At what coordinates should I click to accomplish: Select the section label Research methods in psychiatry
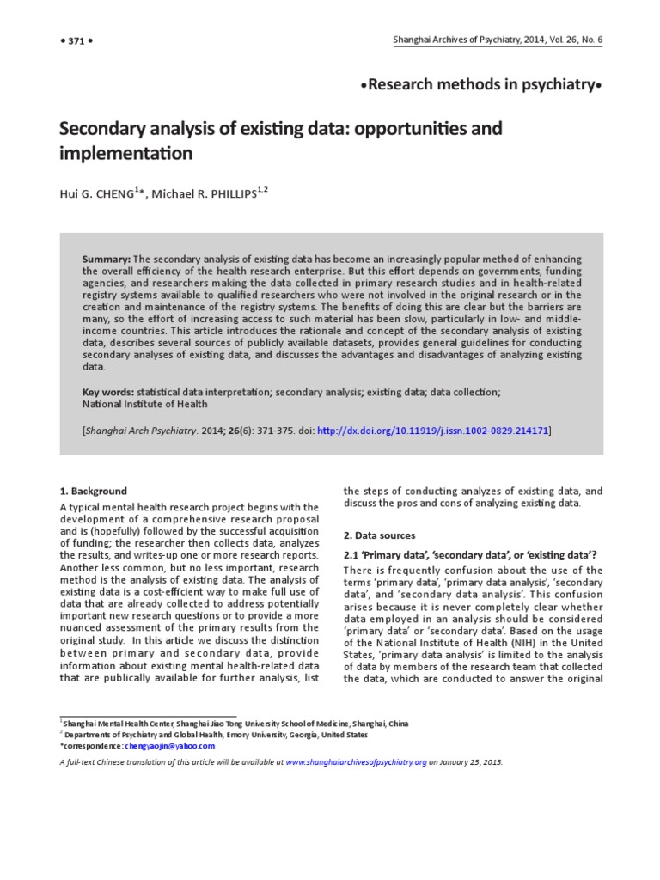click(481, 84)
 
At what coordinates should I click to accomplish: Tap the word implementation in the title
click(125, 155)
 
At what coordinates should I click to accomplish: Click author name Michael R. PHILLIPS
click(206, 195)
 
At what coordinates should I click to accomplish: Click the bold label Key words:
click(108, 392)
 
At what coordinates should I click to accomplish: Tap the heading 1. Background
click(93, 491)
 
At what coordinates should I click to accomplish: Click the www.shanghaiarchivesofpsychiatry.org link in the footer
click(356, 761)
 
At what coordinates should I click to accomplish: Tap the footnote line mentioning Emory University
click(215, 736)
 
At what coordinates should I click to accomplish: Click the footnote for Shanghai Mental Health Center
click(232, 724)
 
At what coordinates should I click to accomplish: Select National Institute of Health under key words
click(145, 404)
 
